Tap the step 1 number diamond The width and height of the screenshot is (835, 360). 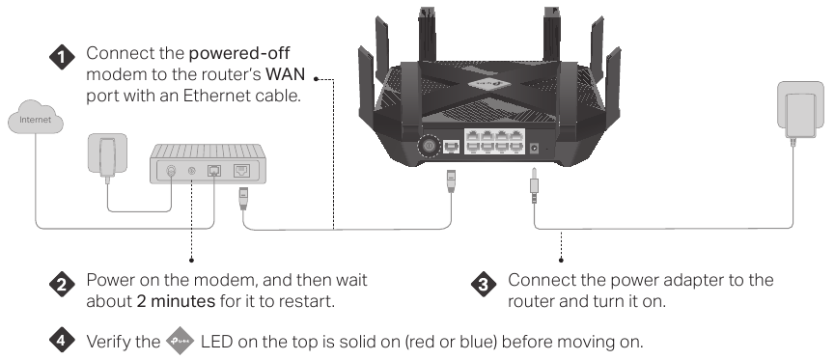click(62, 59)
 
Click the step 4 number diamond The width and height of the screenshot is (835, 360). click(62, 342)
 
